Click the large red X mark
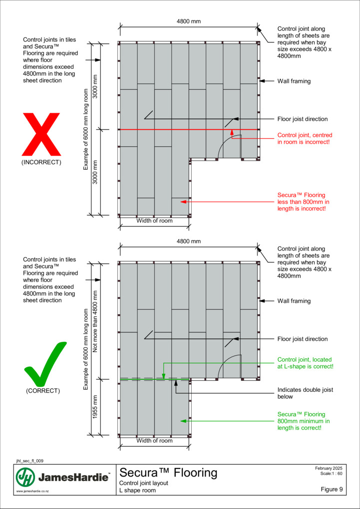tap(41, 134)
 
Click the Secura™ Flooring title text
tap(169, 473)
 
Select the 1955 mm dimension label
tap(95, 407)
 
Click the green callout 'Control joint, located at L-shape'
tap(305, 363)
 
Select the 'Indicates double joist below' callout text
tap(305, 393)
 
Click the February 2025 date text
tap(329, 468)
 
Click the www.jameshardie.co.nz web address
tap(30, 492)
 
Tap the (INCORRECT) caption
tap(41, 162)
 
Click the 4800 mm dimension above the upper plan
tap(189, 21)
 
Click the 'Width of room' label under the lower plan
tap(154, 441)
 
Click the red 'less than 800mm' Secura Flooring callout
tap(302, 202)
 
